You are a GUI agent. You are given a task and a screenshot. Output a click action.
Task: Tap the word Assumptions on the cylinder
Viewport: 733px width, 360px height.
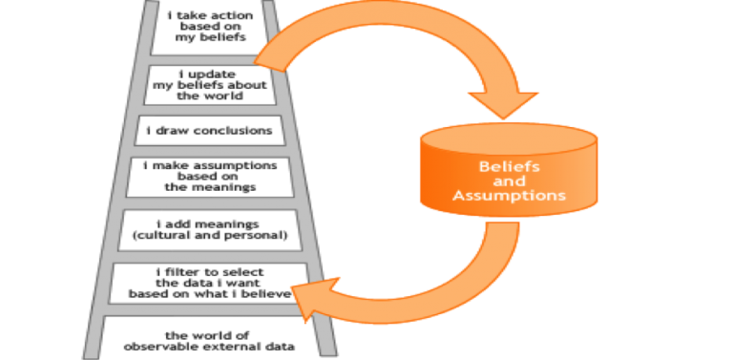pyautogui.click(x=510, y=195)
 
